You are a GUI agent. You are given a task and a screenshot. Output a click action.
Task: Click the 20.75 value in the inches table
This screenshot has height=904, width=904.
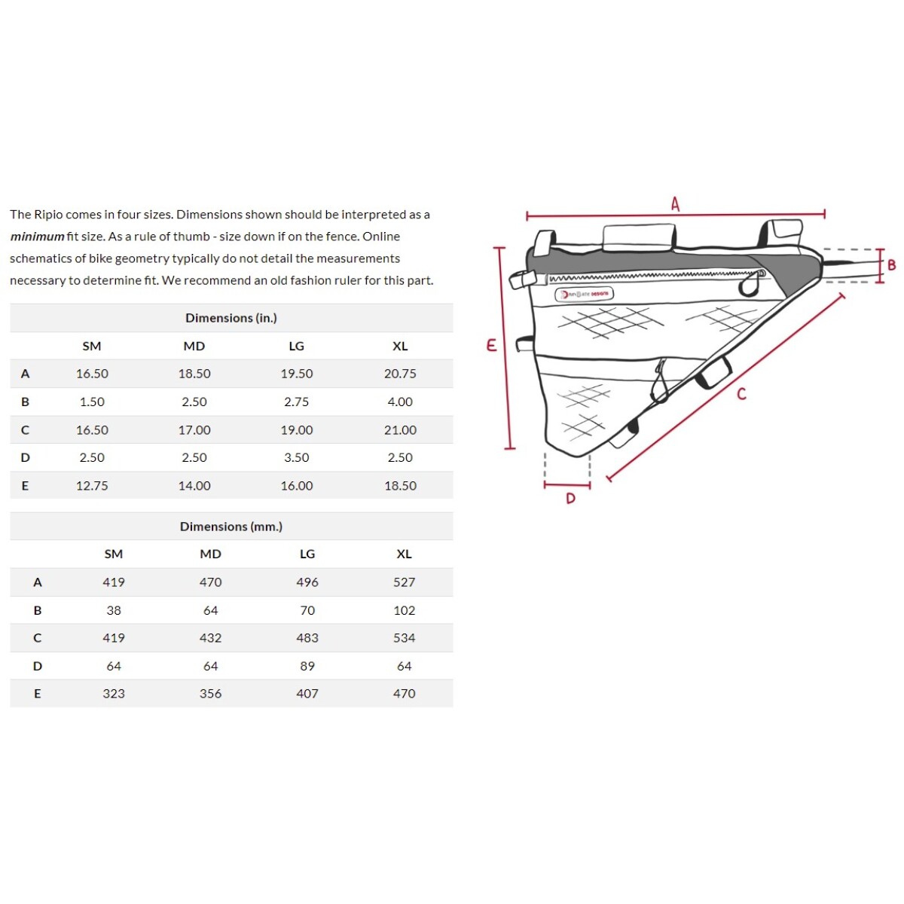tap(400, 374)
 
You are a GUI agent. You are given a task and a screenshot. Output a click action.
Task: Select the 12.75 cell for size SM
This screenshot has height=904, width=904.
tap(92, 486)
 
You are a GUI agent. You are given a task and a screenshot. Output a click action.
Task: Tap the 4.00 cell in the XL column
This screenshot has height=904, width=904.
tap(400, 402)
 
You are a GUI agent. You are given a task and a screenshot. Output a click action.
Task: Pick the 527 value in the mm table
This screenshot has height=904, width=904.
tap(404, 582)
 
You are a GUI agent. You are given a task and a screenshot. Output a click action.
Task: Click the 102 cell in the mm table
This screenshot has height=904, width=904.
tap(404, 610)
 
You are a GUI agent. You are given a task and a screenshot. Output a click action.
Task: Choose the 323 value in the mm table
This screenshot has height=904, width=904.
tap(114, 694)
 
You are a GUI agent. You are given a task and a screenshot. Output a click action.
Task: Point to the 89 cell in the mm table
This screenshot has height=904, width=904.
tap(307, 666)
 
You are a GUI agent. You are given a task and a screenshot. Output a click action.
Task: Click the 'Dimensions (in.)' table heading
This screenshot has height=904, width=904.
tap(231, 318)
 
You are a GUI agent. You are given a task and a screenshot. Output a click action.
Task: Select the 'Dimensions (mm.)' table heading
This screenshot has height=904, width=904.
tap(231, 527)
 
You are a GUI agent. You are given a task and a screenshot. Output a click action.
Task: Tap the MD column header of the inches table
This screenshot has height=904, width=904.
tap(194, 346)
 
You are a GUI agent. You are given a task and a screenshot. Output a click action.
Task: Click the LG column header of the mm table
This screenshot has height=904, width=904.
tap(307, 554)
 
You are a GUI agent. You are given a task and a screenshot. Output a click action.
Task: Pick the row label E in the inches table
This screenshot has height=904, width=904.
tap(25, 486)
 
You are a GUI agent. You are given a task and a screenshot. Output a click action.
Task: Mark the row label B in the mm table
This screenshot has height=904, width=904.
tap(38, 610)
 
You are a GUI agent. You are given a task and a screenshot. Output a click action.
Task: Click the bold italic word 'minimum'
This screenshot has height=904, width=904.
tap(37, 237)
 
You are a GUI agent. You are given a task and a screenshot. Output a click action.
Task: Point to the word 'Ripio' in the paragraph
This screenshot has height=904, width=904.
tap(48, 215)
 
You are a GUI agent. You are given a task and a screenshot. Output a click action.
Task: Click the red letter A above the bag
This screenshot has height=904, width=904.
tap(675, 203)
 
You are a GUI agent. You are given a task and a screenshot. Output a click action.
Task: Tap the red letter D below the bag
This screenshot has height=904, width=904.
tap(570, 498)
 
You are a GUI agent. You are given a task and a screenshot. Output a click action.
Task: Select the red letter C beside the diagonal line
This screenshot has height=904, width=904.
tap(742, 393)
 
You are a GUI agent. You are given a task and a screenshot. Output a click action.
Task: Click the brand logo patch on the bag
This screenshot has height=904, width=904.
tap(585, 294)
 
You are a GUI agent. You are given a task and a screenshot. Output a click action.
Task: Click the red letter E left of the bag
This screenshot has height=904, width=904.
tap(491, 345)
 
